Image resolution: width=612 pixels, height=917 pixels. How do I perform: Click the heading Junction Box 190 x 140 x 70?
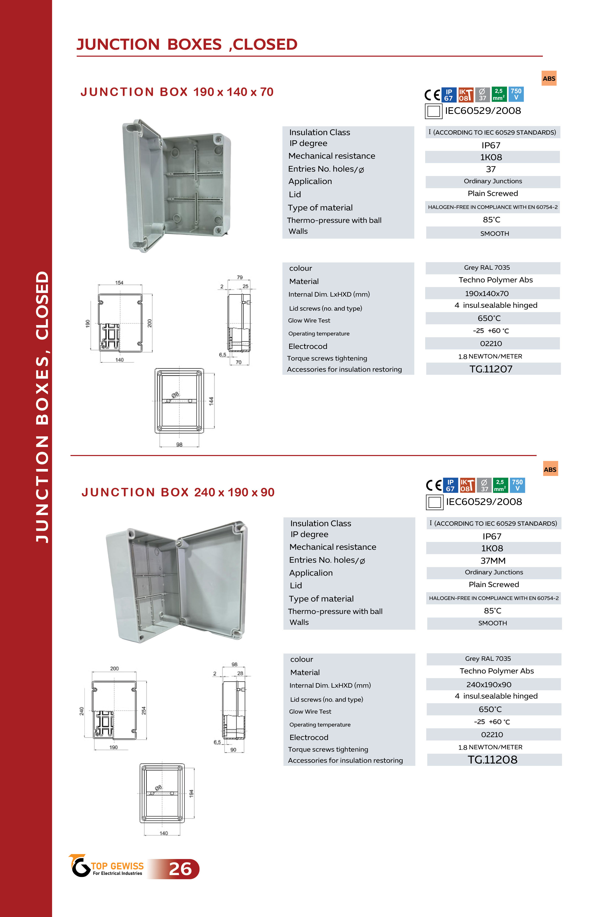[x=177, y=92]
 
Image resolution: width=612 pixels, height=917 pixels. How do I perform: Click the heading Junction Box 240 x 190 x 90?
[x=178, y=493]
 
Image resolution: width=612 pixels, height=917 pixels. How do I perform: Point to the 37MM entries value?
[x=493, y=561]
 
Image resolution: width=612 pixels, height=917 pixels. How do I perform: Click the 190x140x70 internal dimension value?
[x=487, y=294]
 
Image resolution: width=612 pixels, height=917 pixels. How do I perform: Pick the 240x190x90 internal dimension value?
[x=489, y=685]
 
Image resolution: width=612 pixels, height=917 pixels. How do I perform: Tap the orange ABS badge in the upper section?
[x=549, y=78]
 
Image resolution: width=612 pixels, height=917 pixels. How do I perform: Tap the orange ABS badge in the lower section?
[x=550, y=469]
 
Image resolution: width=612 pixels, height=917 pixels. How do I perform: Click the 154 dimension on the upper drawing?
[x=119, y=283]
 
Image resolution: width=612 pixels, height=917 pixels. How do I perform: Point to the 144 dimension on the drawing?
[x=211, y=401]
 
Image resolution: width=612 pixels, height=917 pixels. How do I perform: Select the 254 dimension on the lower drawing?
[x=144, y=710]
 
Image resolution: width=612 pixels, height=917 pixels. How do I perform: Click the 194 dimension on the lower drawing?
[x=191, y=793]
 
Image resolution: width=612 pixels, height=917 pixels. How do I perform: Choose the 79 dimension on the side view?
[x=240, y=277]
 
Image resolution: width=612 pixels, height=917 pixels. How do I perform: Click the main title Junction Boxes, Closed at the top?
[x=187, y=45]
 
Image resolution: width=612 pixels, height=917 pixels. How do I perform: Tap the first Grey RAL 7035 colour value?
[x=487, y=267]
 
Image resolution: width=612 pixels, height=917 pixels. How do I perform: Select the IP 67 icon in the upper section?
[x=449, y=95]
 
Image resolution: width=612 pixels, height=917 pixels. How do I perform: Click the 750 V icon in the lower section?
[x=517, y=485]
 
